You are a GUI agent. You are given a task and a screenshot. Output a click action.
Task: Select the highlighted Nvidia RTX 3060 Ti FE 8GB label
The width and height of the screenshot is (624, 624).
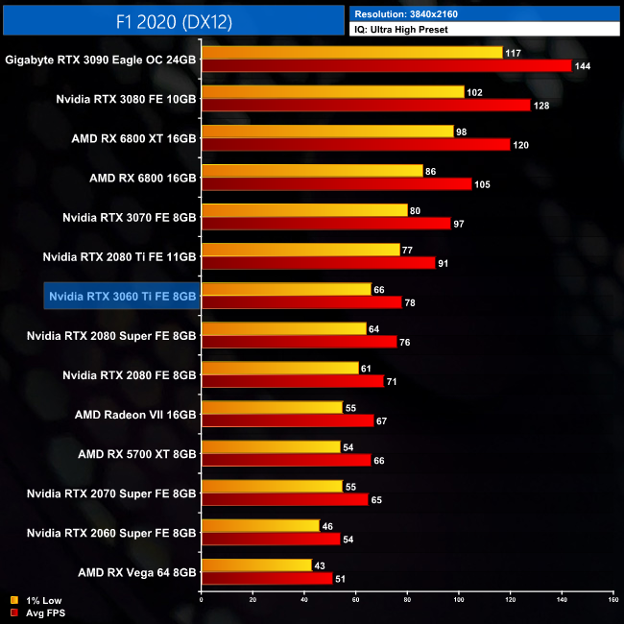[122, 297]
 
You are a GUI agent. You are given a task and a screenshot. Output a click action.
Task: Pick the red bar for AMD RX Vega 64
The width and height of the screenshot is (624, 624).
[266, 579]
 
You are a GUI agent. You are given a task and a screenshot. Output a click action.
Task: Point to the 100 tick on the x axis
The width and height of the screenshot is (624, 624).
[459, 600]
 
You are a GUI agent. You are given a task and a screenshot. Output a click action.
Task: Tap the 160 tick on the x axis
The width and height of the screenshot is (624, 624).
[612, 600]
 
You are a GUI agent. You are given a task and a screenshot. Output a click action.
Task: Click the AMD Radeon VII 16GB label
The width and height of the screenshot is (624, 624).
[135, 415]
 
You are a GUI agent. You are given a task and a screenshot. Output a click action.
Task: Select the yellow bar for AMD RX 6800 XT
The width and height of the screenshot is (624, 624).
[326, 132]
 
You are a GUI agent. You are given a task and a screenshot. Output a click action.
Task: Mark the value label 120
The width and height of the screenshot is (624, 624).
[519, 144]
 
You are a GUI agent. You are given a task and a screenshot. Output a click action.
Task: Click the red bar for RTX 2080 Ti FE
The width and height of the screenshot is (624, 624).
[318, 262]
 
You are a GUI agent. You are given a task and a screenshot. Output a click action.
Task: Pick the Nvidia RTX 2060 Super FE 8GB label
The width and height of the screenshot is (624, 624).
[111, 533]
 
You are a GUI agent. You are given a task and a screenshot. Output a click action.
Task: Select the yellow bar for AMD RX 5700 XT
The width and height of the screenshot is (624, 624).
[271, 446]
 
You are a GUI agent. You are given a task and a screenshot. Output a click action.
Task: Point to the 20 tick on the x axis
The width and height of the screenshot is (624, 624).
[252, 600]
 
